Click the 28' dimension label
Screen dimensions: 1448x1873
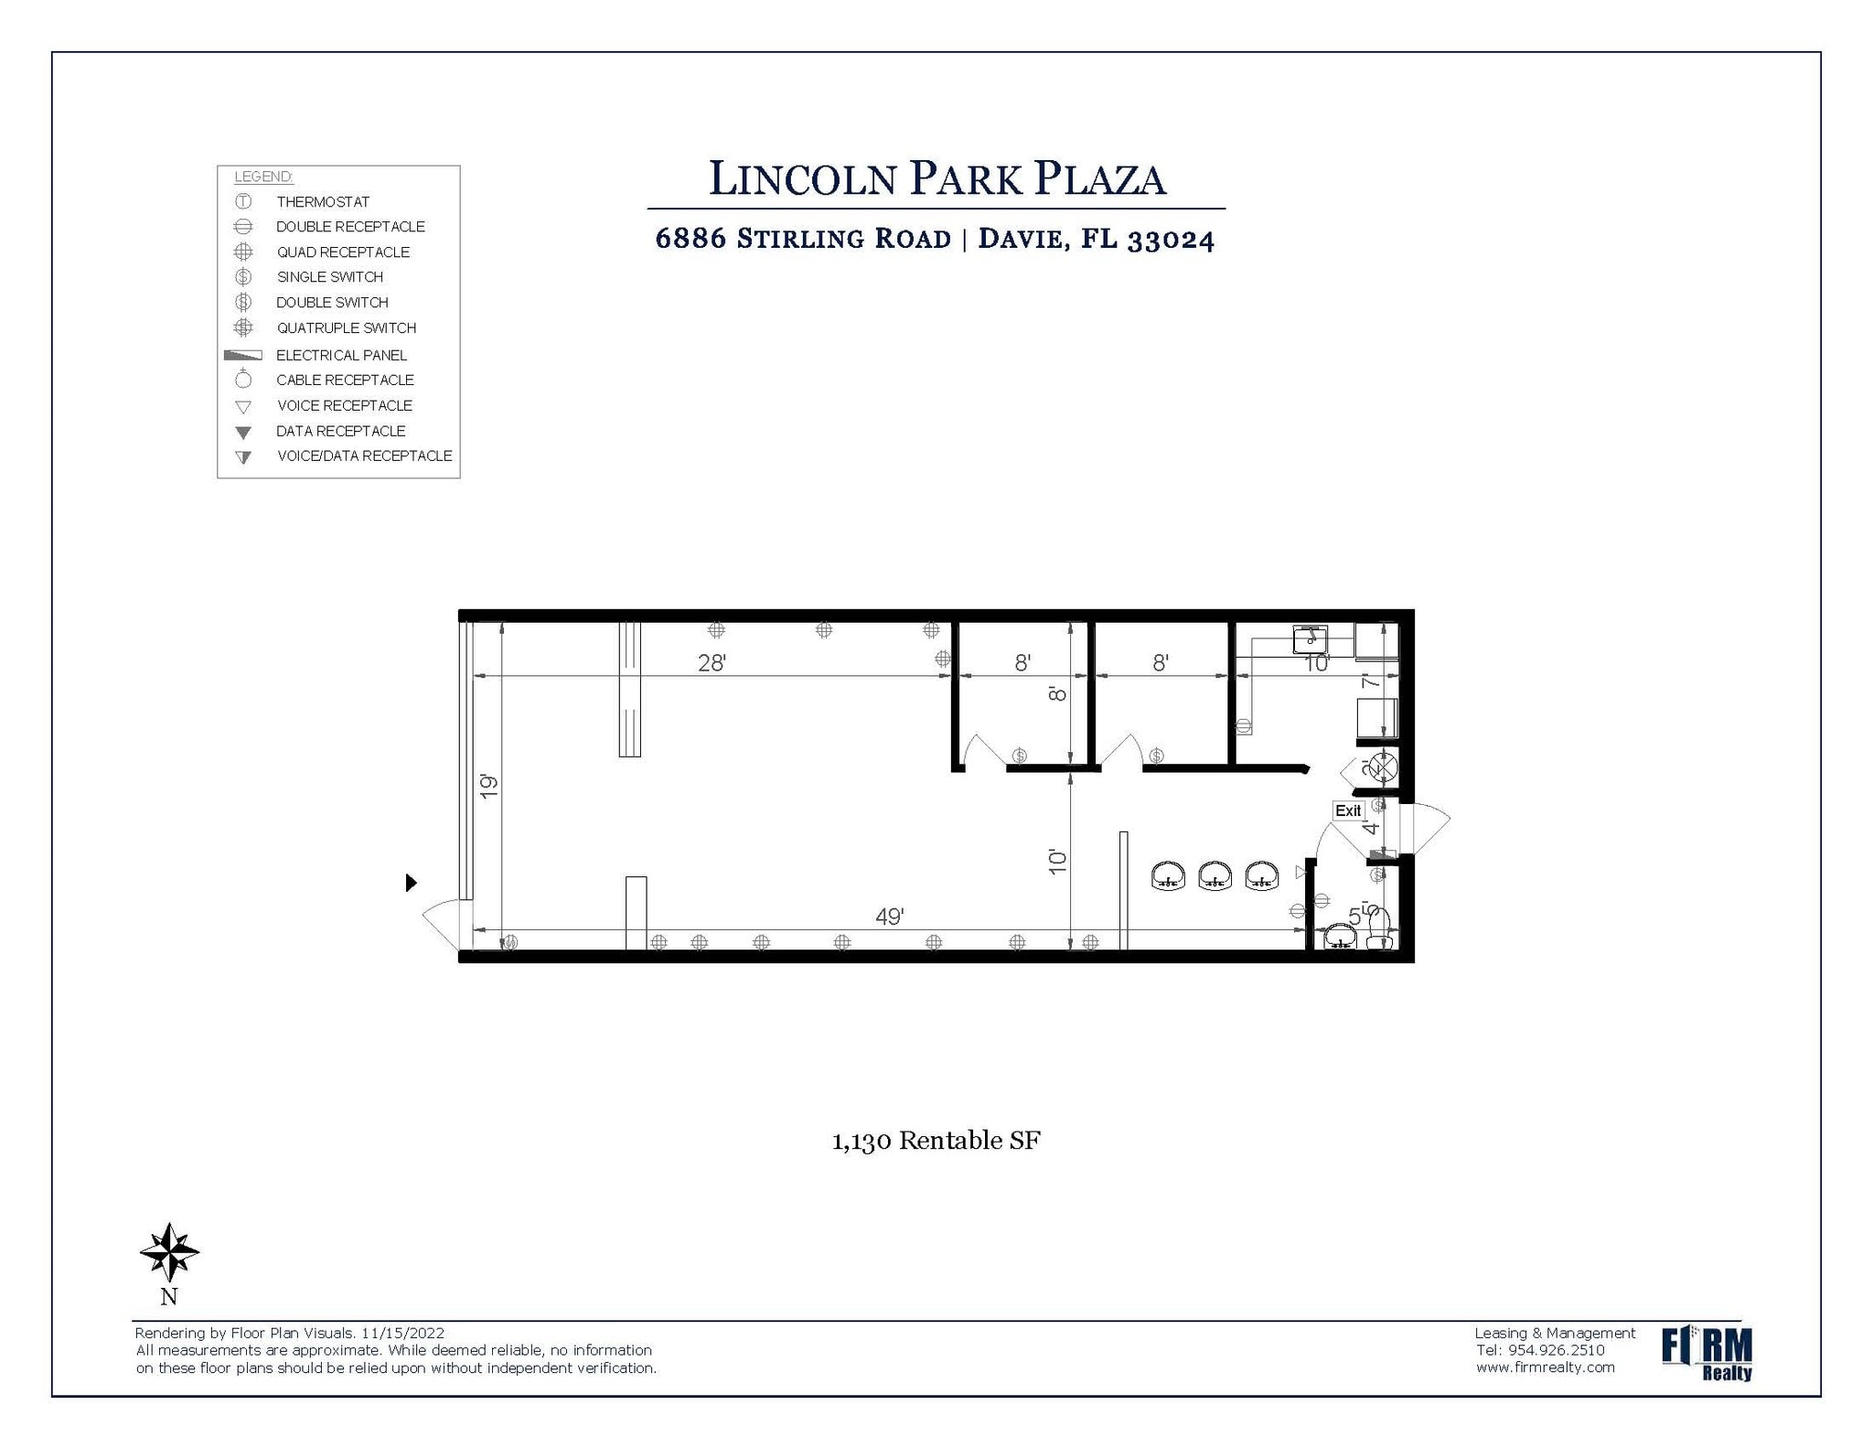point(712,663)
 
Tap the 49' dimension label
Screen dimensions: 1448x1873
point(889,917)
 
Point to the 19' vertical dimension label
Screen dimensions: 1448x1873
point(489,785)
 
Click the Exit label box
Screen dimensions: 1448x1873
point(1347,810)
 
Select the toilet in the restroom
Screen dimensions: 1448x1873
point(1378,930)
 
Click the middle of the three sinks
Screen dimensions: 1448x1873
point(1215,875)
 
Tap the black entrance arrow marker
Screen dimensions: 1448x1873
point(411,882)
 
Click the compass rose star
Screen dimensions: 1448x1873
point(169,1251)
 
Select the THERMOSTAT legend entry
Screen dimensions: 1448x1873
point(323,201)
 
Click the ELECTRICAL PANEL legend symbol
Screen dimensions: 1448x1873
point(243,355)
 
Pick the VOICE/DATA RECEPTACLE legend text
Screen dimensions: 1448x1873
point(364,456)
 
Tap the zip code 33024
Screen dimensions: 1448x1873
point(1171,240)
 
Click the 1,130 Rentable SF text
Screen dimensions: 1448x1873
point(936,1141)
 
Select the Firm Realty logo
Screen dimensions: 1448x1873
point(1706,1352)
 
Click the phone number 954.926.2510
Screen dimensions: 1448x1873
point(1556,1350)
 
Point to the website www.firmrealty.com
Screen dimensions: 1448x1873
point(1545,1368)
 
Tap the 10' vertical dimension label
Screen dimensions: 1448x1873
point(1057,861)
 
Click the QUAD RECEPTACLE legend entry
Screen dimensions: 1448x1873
point(343,252)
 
